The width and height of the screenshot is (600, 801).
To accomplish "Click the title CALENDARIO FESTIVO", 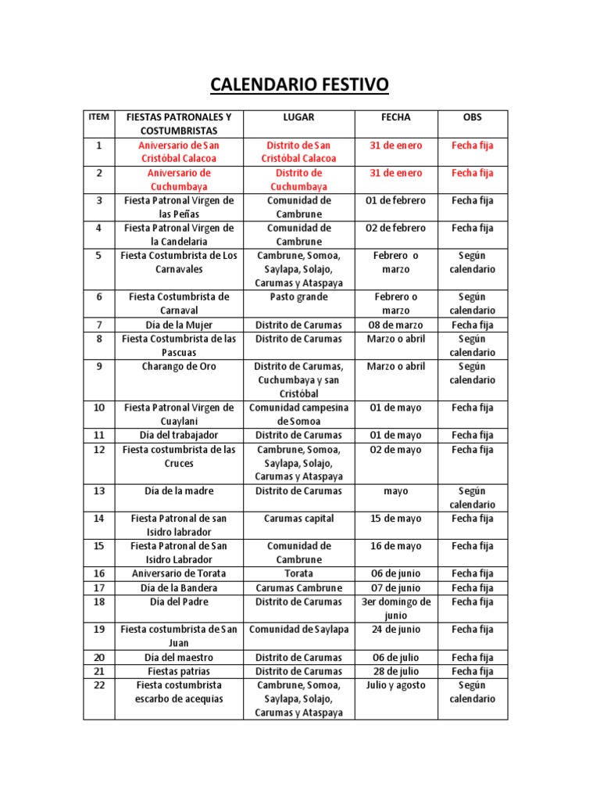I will click(x=299, y=84).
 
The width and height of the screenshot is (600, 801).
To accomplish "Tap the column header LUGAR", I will click(x=298, y=117).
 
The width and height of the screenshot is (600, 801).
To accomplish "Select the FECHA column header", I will click(x=395, y=117).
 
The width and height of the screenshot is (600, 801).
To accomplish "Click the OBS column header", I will click(x=472, y=117).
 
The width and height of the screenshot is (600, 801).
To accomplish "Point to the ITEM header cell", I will click(x=99, y=117).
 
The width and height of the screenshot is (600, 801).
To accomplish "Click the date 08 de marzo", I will click(x=395, y=325).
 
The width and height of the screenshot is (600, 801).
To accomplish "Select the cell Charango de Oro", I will click(x=179, y=366).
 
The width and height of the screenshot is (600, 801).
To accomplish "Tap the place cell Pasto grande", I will click(x=298, y=297).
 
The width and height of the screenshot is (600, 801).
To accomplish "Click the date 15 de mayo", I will click(x=395, y=519).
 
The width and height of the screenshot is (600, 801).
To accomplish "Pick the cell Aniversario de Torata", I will click(x=179, y=573).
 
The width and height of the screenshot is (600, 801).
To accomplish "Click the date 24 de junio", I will click(x=395, y=629).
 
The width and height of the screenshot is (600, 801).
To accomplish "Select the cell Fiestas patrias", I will click(x=179, y=671).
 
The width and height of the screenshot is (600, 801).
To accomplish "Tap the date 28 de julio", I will click(x=395, y=671).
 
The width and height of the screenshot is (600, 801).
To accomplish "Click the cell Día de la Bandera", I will click(x=179, y=587).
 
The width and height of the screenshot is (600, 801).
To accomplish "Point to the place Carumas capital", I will click(x=298, y=519).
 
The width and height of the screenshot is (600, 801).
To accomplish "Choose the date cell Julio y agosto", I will click(x=395, y=685).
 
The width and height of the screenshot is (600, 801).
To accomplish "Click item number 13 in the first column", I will click(x=99, y=491).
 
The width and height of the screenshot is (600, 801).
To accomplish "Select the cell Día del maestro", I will click(x=179, y=657).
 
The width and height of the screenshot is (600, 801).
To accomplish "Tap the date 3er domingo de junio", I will click(x=395, y=609).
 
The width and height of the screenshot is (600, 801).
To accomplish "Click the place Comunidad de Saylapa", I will click(x=298, y=629).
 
